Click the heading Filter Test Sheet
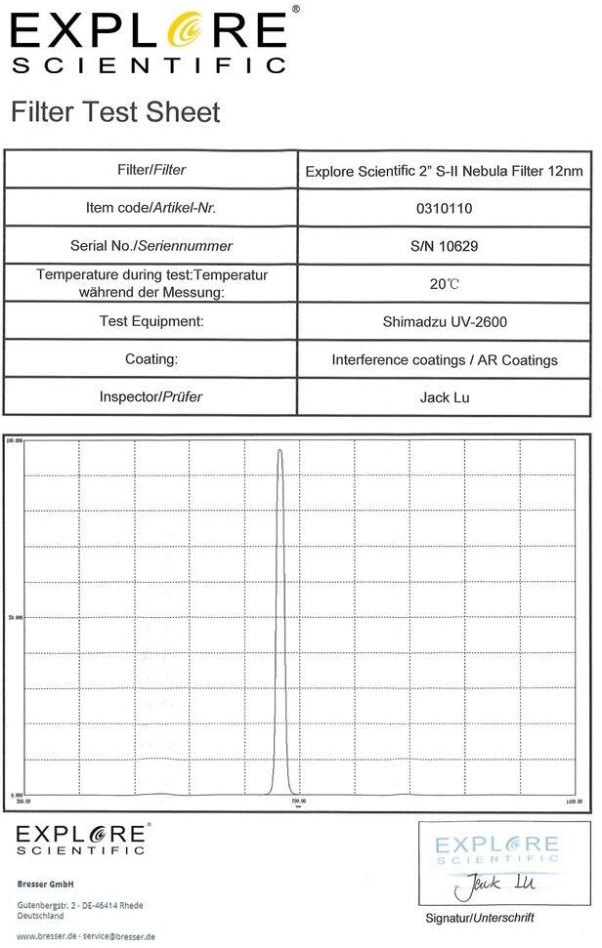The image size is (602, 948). pos(115,112)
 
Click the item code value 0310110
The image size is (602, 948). pos(444,208)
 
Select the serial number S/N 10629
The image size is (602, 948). pos(444,246)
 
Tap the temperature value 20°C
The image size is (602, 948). pos(444,284)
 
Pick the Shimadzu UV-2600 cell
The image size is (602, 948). pos(445,321)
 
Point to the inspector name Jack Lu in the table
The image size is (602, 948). pos(445,397)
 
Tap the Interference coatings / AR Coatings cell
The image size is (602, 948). pos(445,360)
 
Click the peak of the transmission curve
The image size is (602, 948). pos(279,451)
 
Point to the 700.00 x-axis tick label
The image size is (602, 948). pos(297,802)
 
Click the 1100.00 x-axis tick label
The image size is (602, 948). pos(573,802)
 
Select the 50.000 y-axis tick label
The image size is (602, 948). pos(15,617)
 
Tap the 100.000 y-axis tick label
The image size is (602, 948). pos(15,440)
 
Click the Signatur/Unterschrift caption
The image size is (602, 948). pos(480,919)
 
